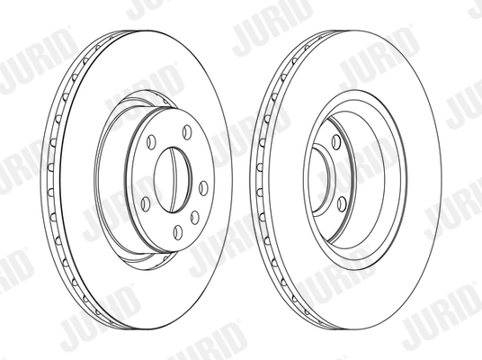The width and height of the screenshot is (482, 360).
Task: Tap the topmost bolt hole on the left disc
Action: click(x=186, y=132)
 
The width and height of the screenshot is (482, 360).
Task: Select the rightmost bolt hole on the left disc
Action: click(x=203, y=187)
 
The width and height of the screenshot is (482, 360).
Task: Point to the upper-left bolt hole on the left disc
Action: click(x=151, y=141)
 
